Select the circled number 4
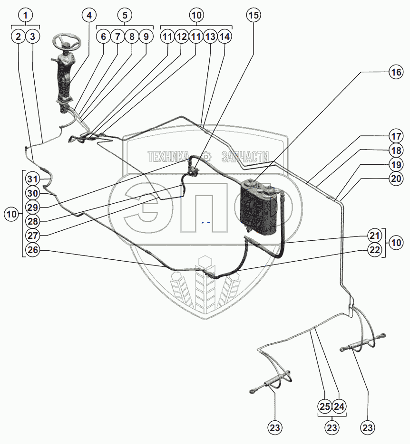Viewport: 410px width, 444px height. click(88, 15)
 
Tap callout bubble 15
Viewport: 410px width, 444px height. click(254, 15)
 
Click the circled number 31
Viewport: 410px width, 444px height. click(32, 179)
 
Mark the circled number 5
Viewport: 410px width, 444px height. click(125, 15)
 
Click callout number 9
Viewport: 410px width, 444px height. click(146, 36)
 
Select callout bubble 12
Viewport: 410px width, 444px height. click(181, 36)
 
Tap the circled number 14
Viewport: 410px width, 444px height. click(225, 36)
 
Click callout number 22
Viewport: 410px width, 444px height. click(374, 250)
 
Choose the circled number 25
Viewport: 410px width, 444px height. click(325, 406)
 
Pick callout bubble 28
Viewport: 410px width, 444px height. click(32, 221)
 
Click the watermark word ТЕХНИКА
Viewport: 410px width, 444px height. click(172, 156)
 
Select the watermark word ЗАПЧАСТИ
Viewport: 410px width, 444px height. click(244, 156)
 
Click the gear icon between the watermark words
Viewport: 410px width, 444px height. click(206, 156)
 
